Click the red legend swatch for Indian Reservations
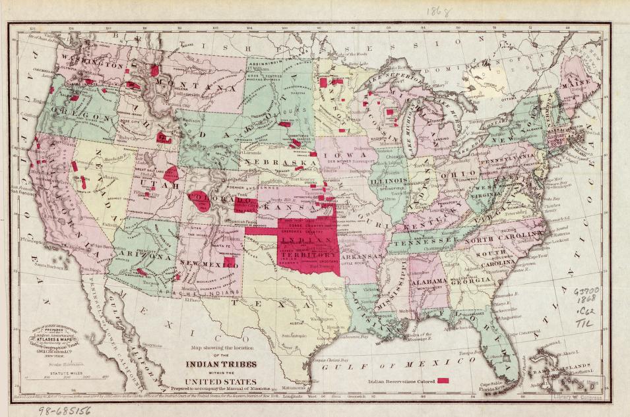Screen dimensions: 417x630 click(443, 381)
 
